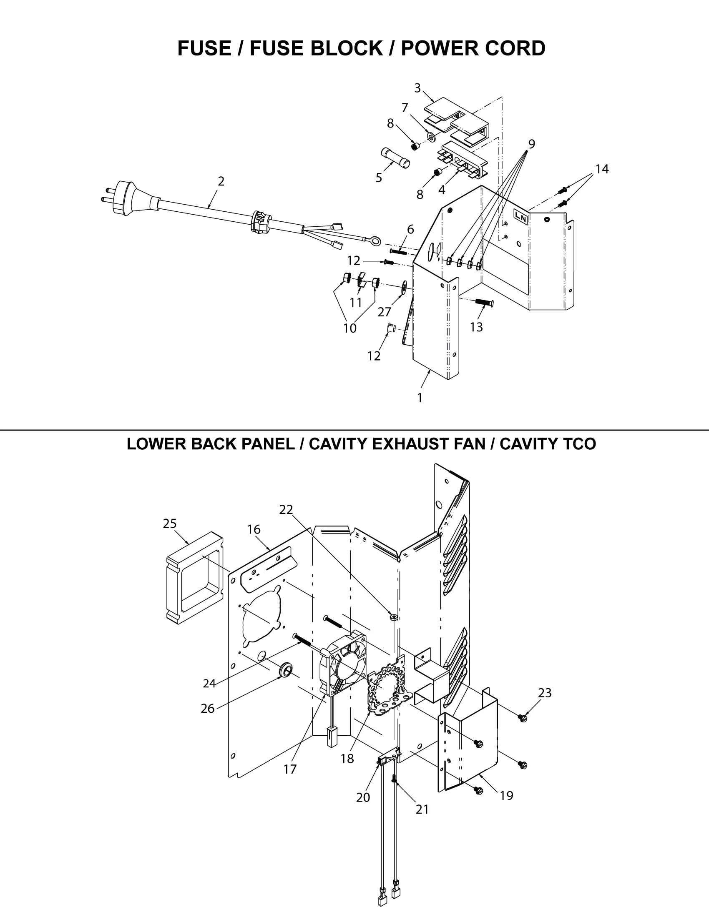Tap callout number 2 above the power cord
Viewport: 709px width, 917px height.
point(221,181)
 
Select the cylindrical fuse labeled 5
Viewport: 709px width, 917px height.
point(395,157)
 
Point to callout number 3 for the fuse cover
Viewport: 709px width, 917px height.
point(417,88)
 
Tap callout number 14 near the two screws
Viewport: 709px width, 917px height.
point(602,169)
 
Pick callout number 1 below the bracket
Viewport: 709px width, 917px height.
point(420,398)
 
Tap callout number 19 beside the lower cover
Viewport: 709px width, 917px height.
point(507,796)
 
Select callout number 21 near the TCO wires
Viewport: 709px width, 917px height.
point(422,809)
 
